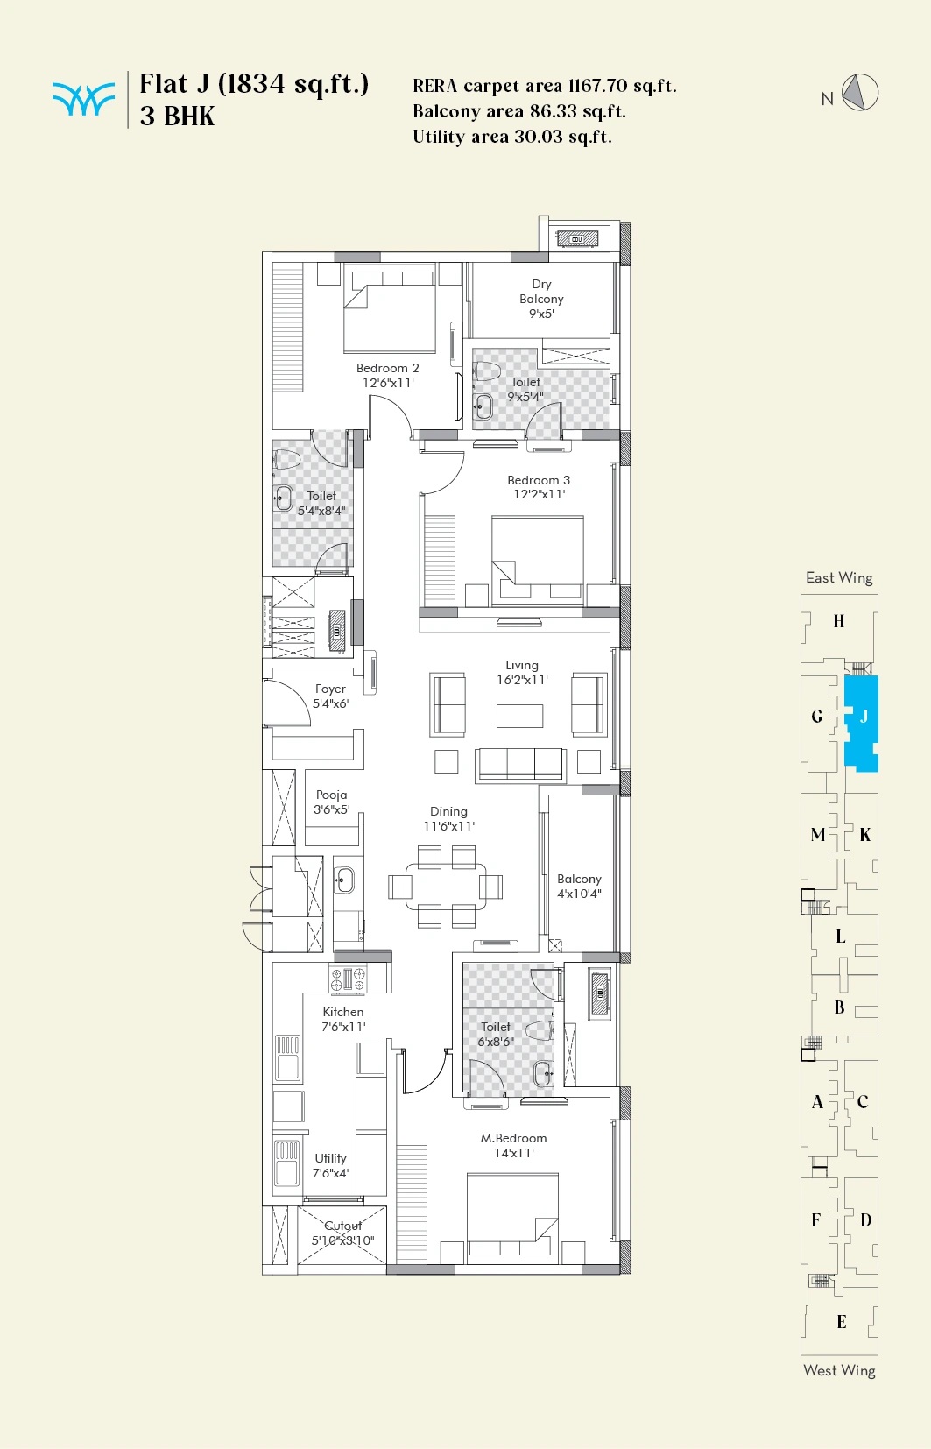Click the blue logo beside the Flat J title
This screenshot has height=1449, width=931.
tap(83, 100)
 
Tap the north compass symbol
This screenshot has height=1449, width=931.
tap(861, 92)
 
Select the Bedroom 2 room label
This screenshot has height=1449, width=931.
tap(388, 375)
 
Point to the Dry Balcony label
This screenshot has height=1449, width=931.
tap(542, 299)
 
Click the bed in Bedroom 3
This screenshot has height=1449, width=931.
tap(537, 560)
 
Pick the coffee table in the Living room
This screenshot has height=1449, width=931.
tap(520, 716)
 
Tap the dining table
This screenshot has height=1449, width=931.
tap(446, 887)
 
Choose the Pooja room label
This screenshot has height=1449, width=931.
tap(332, 802)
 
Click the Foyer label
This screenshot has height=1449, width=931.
tap(330, 696)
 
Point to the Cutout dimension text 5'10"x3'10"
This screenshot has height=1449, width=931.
tap(342, 1240)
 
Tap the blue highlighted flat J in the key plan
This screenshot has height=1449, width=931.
tap(861, 724)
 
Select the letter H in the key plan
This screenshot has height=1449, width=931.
tap(838, 621)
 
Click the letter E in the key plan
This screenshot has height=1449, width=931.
tap(841, 1322)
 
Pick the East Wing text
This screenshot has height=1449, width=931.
tap(839, 577)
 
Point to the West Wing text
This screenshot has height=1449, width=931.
tap(839, 1370)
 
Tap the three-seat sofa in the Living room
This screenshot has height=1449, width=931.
tap(520, 766)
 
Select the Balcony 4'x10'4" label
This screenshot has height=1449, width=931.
tap(579, 887)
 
